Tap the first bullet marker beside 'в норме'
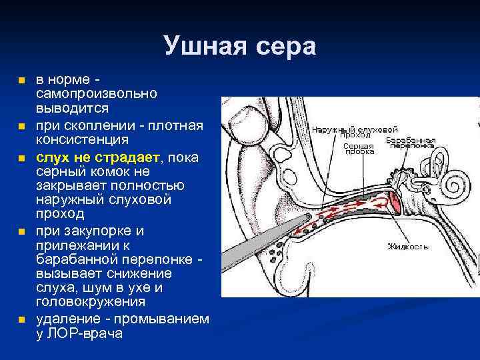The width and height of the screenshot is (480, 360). click(x=21, y=80)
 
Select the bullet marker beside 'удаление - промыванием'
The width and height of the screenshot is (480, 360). click(x=21, y=320)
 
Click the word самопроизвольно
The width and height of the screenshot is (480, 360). click(x=96, y=93)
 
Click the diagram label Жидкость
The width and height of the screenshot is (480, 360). click(x=408, y=247)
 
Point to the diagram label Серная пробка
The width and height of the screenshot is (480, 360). click(x=359, y=149)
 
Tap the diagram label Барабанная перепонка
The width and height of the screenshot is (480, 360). click(x=411, y=143)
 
